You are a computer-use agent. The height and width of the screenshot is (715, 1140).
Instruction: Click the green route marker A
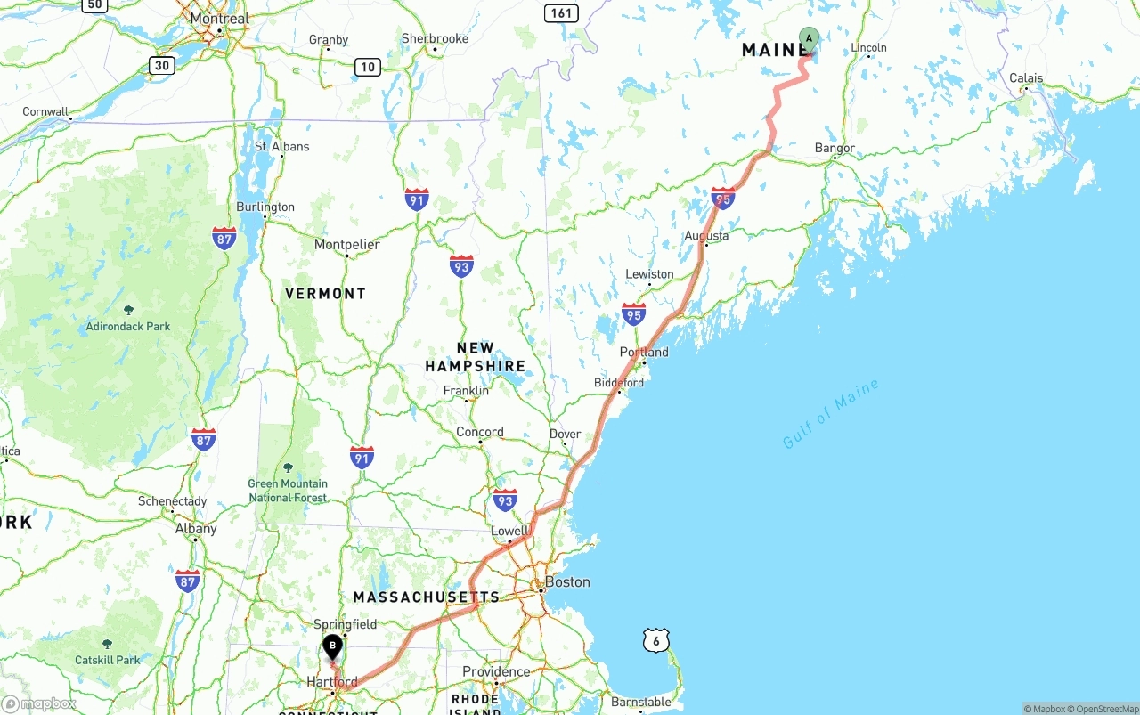point(809,39)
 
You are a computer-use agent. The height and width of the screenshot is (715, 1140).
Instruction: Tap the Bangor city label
point(835,149)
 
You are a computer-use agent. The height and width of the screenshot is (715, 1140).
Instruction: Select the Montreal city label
point(220,19)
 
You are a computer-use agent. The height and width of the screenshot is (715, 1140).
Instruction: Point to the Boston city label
point(567,582)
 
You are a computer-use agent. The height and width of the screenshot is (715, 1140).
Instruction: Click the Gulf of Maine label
point(830,414)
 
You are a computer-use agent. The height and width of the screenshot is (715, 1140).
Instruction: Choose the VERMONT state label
point(325,293)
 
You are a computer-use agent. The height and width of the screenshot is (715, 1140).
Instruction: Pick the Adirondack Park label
point(128,326)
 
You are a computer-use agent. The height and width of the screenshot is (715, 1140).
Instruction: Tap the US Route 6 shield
point(655,639)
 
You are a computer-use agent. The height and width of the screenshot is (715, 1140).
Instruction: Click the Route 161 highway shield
point(561,12)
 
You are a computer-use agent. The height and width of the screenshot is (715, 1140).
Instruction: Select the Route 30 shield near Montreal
point(161,64)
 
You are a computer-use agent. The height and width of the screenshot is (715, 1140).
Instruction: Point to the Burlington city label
point(265,207)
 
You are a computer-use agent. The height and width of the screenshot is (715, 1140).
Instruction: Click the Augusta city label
point(706,236)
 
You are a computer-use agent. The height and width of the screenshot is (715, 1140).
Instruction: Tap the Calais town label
point(1026,78)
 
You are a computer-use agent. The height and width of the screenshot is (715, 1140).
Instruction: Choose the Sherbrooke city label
point(435,39)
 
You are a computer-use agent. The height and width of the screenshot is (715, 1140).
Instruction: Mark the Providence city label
point(496,672)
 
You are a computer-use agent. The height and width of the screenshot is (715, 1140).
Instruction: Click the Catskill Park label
point(108,660)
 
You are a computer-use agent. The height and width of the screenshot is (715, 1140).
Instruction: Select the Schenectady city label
point(172,501)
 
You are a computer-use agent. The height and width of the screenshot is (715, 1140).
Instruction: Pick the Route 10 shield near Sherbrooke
point(368,66)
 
